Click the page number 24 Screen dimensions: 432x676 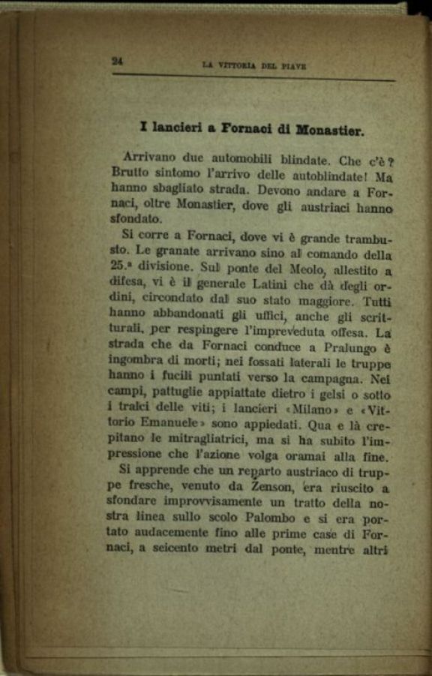[117, 62]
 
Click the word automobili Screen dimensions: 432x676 [224, 159]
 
